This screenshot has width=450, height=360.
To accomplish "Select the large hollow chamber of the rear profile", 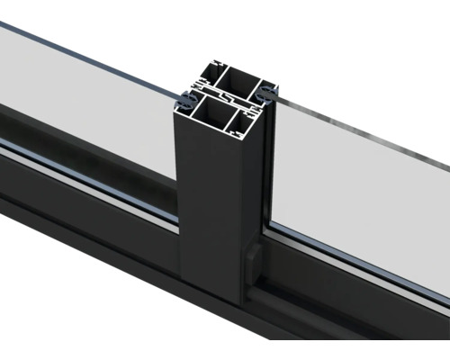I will (238, 81).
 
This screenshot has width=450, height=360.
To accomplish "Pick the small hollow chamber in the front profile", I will (247, 119).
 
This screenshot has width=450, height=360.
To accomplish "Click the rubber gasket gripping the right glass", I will (267, 93).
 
